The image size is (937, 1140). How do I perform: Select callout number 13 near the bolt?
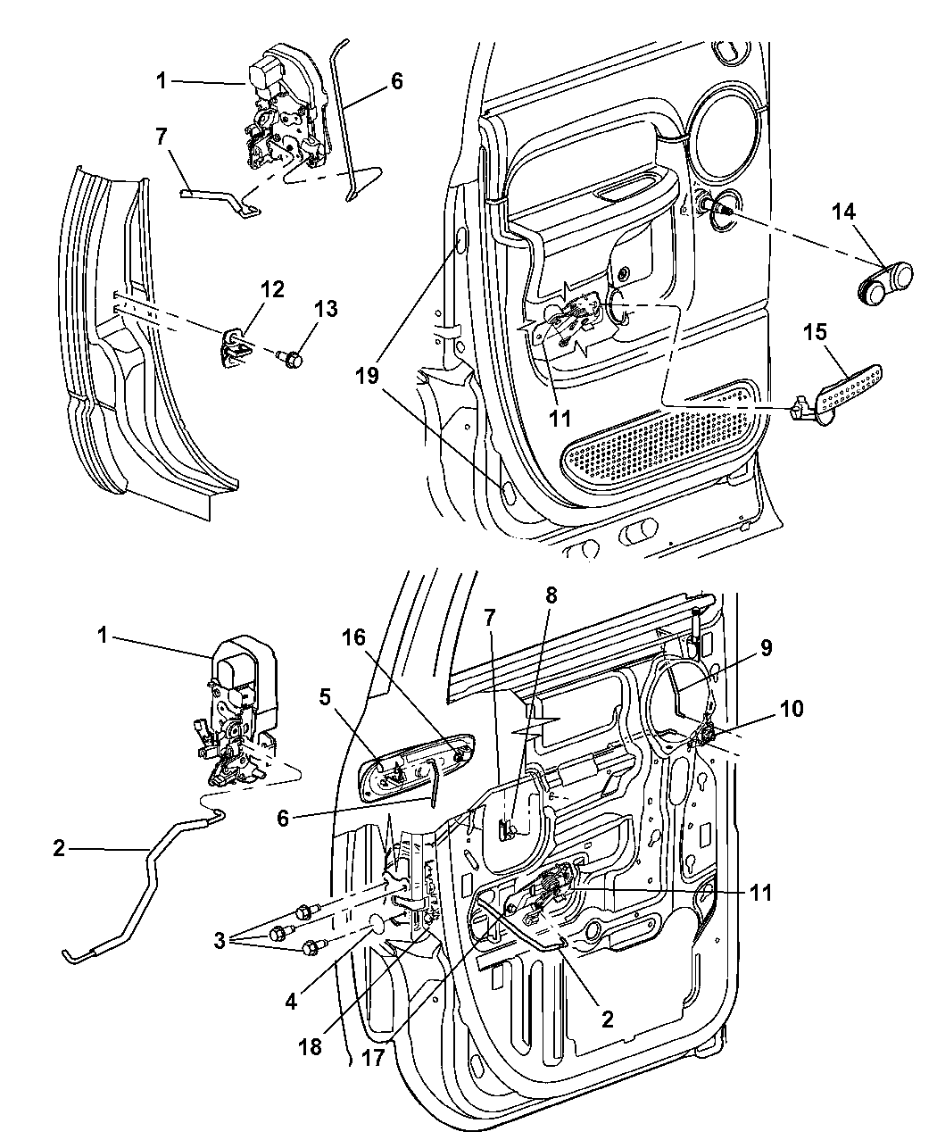tap(326, 309)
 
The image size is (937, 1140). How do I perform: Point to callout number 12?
tap(272, 288)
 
